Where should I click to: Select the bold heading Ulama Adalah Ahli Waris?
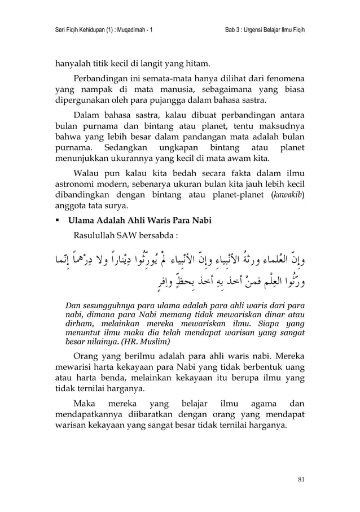pos(139,221)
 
